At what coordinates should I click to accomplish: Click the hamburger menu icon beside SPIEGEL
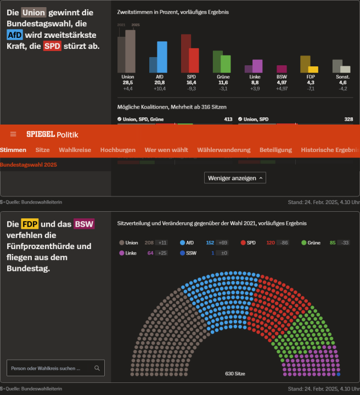(13, 134)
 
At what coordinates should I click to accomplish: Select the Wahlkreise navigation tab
(75, 150)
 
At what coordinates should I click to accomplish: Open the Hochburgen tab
(117, 150)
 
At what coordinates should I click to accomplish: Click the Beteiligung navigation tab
(275, 150)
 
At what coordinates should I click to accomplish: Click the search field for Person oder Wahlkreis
(49, 368)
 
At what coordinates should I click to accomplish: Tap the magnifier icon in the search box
(97, 368)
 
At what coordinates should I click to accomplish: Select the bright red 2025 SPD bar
(194, 60)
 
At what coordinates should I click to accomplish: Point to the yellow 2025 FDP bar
(313, 69)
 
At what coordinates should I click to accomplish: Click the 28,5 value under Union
(128, 82)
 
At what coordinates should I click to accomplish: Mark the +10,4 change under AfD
(160, 88)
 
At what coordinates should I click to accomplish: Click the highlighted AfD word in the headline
(15, 35)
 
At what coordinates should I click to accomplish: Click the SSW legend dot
(182, 253)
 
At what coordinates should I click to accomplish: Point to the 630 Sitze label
(235, 374)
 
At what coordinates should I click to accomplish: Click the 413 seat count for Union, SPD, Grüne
(228, 119)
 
